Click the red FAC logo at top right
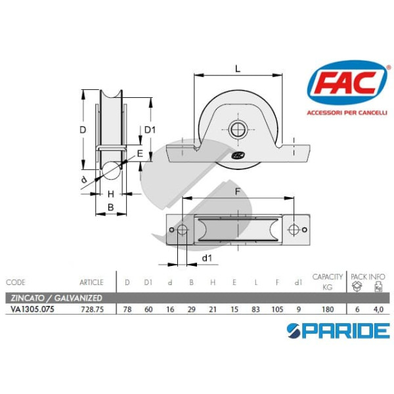[x=347, y=83]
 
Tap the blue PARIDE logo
[x=338, y=331]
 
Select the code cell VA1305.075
[x=32, y=309]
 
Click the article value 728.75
[x=92, y=309]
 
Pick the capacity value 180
[x=328, y=309]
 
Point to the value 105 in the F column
[x=277, y=309]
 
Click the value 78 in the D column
[x=127, y=309]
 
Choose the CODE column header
[x=16, y=282]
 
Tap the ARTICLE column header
[x=91, y=282]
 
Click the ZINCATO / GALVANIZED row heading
[x=56, y=298]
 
